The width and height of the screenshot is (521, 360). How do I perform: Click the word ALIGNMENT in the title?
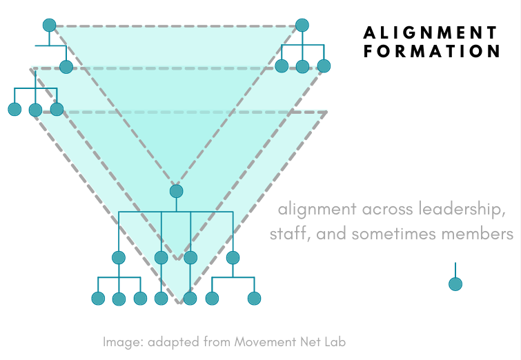[430, 32]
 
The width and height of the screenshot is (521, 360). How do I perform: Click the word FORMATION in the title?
[432, 51]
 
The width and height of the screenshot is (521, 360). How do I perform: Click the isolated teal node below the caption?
[455, 283]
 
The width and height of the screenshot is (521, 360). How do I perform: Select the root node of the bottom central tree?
[176, 191]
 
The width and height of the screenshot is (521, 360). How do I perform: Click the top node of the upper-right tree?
[302, 26]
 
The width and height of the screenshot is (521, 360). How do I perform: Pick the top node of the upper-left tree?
[49, 25]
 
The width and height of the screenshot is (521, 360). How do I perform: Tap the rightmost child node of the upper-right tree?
[324, 66]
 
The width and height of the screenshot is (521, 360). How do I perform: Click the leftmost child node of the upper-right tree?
[282, 66]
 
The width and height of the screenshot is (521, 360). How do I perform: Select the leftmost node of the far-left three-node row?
[14, 109]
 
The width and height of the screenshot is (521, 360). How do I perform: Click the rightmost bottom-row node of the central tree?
[254, 299]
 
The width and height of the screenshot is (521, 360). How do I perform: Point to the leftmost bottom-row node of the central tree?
[98, 299]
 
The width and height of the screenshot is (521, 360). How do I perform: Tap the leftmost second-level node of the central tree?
[119, 258]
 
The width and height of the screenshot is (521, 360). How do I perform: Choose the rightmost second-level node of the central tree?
[233, 258]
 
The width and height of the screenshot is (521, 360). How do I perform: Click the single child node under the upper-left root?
[66, 67]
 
